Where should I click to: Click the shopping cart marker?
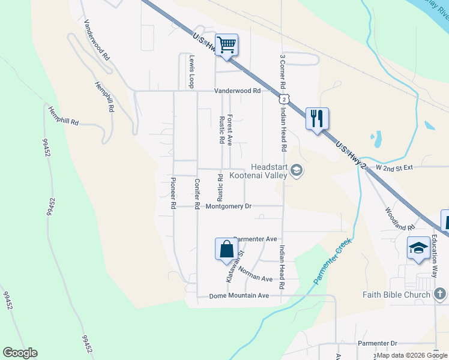[227, 44]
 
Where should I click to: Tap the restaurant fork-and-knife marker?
[316, 118]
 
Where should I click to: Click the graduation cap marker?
[418, 248]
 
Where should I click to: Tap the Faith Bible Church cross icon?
[440, 293]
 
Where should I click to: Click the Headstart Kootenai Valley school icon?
[296, 172]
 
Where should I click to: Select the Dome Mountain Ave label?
[239, 296]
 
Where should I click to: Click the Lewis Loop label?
[192, 72]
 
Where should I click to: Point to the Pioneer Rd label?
[173, 193]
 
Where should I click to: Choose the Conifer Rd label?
[196, 193]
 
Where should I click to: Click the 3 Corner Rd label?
[282, 73]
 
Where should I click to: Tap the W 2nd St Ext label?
[394, 167]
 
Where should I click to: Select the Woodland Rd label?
[399, 220]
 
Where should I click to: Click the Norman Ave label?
[255, 274]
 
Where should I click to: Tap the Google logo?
[20, 353]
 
